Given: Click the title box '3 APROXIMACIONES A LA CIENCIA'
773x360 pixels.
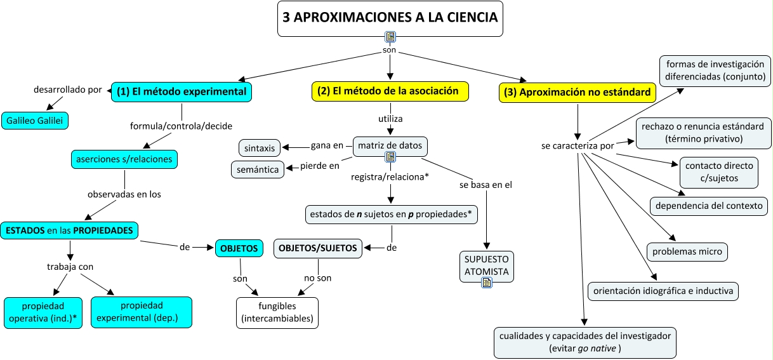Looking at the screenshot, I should [x=390, y=18].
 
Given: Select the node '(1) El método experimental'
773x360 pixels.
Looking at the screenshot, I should [x=182, y=91].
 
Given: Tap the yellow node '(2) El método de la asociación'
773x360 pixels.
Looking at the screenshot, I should [x=390, y=91].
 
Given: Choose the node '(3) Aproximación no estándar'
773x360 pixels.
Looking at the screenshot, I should [x=578, y=92].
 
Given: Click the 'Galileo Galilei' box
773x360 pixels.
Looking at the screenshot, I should [x=35, y=120].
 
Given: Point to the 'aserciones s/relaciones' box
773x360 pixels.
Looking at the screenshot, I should [x=124, y=159].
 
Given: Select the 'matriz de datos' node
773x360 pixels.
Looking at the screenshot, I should [x=390, y=146].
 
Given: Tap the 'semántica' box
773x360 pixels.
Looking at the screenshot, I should [x=257, y=169].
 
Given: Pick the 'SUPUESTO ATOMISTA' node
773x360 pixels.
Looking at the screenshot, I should [x=487, y=265].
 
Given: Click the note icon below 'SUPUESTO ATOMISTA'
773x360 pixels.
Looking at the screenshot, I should [x=487, y=283].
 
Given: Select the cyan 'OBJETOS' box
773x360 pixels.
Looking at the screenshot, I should [x=239, y=248].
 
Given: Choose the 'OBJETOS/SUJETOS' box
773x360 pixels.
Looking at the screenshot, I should [x=319, y=248].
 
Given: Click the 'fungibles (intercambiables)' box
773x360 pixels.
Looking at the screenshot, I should [x=277, y=312].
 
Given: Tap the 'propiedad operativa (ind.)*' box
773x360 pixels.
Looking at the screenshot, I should [x=43, y=312].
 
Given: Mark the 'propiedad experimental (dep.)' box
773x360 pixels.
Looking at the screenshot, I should [x=141, y=312].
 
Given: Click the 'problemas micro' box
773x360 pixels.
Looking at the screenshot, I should [x=687, y=251].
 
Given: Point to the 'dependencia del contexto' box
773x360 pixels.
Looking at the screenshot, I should [x=709, y=206].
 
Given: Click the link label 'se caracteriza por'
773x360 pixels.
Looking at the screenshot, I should [x=578, y=146].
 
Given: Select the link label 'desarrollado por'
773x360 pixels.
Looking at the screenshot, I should [x=67, y=90].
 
